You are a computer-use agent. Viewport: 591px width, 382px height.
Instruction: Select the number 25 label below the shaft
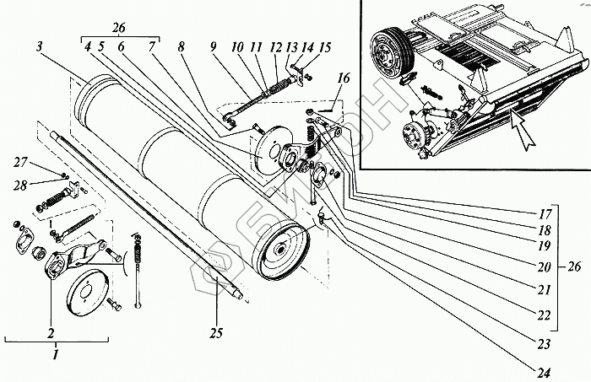click(216, 334)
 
